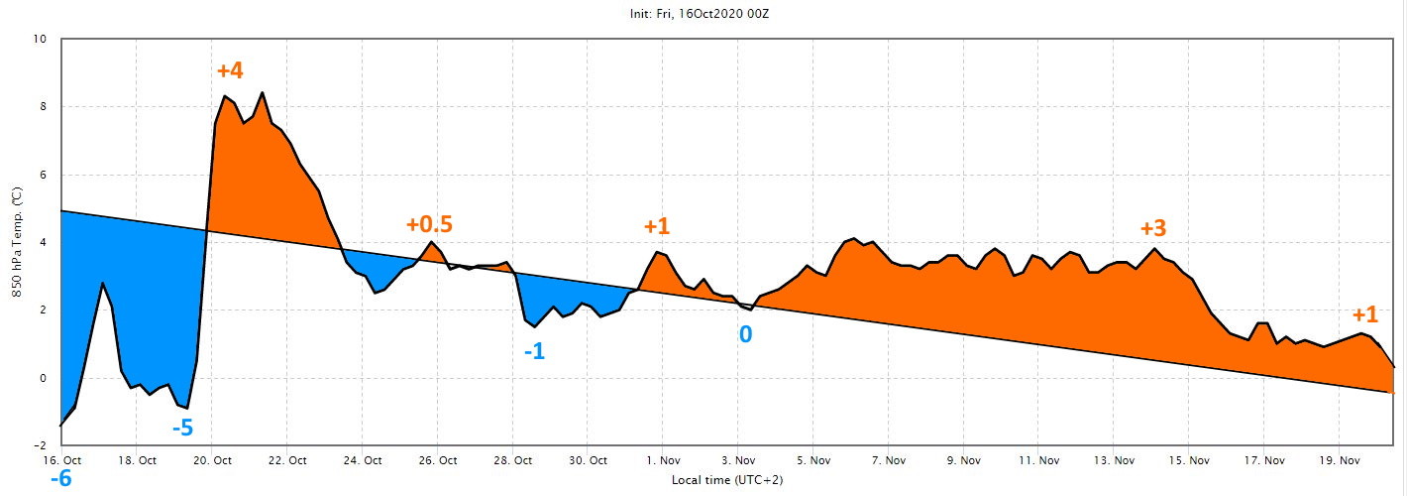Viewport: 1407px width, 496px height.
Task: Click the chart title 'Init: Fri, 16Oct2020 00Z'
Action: (x=700, y=13)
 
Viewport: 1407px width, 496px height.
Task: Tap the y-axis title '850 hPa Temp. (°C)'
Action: (x=17, y=242)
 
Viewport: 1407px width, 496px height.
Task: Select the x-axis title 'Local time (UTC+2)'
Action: (x=727, y=480)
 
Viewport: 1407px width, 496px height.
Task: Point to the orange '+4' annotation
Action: (x=230, y=70)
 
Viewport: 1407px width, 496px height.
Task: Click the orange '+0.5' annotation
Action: (x=429, y=224)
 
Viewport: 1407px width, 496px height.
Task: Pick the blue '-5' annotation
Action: (x=182, y=429)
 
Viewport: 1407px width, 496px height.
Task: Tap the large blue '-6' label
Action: (x=60, y=479)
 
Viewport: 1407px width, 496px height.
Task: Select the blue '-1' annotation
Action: (x=534, y=351)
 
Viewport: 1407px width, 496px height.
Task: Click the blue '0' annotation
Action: (x=745, y=334)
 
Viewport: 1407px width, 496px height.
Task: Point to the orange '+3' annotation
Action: (x=1153, y=228)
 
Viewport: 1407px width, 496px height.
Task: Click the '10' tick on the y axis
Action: (x=40, y=39)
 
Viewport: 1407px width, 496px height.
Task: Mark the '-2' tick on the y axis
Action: (x=40, y=445)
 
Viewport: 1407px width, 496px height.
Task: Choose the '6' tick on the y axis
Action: (x=44, y=175)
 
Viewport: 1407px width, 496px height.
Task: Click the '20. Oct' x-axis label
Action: (x=212, y=461)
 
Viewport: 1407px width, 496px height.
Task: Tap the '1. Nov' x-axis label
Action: (x=663, y=461)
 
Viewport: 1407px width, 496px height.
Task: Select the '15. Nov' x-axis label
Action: (x=1189, y=461)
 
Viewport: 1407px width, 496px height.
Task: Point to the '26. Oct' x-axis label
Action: (x=438, y=461)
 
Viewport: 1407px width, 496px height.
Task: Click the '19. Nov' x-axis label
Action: (x=1340, y=461)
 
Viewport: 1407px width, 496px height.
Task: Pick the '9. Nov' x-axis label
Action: (x=963, y=461)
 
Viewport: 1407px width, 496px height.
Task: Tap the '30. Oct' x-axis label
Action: (x=588, y=461)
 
